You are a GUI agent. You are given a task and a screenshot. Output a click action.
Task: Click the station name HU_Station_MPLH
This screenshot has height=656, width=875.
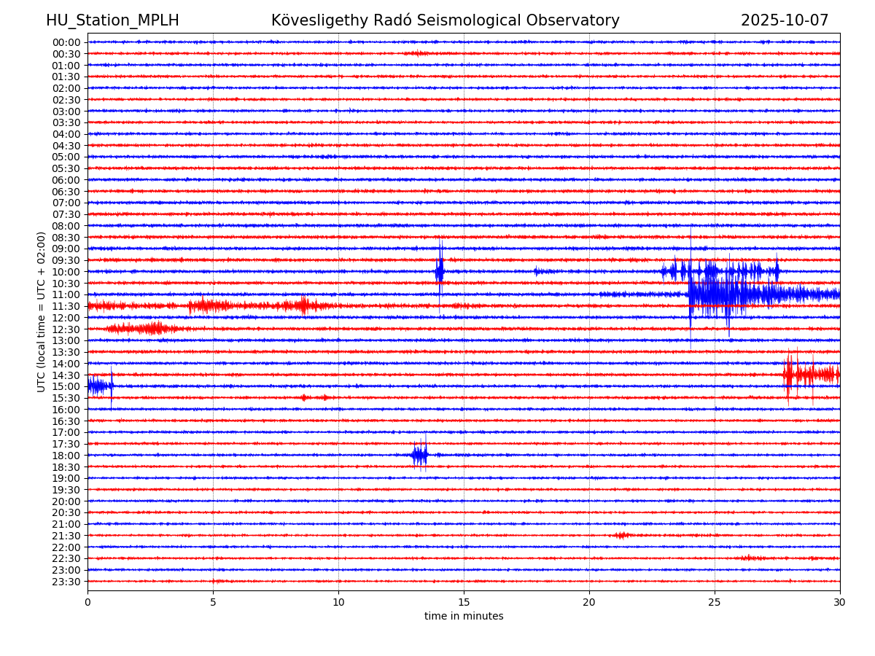click(112, 20)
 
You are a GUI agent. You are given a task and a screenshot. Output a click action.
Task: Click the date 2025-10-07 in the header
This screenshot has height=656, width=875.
click(785, 20)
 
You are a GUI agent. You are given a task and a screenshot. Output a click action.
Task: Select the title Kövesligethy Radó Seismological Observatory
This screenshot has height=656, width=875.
click(445, 20)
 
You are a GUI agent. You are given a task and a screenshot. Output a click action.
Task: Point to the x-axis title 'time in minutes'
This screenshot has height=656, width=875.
click(464, 616)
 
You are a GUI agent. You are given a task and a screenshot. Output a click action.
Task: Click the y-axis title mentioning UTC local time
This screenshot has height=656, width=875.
click(42, 312)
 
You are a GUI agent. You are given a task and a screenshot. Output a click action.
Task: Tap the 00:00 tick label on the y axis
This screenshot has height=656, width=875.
click(66, 42)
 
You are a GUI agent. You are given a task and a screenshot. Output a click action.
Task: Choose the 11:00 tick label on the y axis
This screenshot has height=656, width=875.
click(66, 294)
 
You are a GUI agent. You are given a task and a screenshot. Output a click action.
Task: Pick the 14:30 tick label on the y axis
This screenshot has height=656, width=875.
click(66, 375)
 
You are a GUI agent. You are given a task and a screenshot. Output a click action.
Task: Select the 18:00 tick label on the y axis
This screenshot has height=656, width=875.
click(66, 456)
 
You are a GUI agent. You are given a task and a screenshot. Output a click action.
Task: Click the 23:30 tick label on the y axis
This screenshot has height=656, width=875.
click(66, 582)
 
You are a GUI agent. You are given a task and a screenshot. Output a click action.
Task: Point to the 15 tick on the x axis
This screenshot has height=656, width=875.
click(464, 602)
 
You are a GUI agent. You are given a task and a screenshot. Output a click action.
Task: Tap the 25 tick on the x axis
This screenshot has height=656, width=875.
click(715, 602)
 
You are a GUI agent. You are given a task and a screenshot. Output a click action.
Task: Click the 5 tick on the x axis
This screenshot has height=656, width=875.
click(213, 602)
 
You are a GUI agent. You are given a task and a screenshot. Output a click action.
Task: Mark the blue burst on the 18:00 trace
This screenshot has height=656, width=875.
click(419, 456)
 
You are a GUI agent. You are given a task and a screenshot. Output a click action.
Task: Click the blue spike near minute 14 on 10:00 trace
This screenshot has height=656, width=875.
click(440, 272)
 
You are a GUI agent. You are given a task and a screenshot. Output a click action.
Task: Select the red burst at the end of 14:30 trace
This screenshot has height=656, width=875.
click(809, 375)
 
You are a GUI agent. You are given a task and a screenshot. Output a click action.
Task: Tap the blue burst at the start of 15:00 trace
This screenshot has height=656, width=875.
click(99, 386)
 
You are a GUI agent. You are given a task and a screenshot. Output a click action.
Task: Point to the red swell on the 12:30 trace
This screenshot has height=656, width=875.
click(146, 329)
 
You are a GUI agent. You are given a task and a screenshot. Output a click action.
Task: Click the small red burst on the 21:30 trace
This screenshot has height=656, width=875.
click(621, 536)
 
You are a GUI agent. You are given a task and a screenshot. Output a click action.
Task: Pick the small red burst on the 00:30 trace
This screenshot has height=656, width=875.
click(417, 53)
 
